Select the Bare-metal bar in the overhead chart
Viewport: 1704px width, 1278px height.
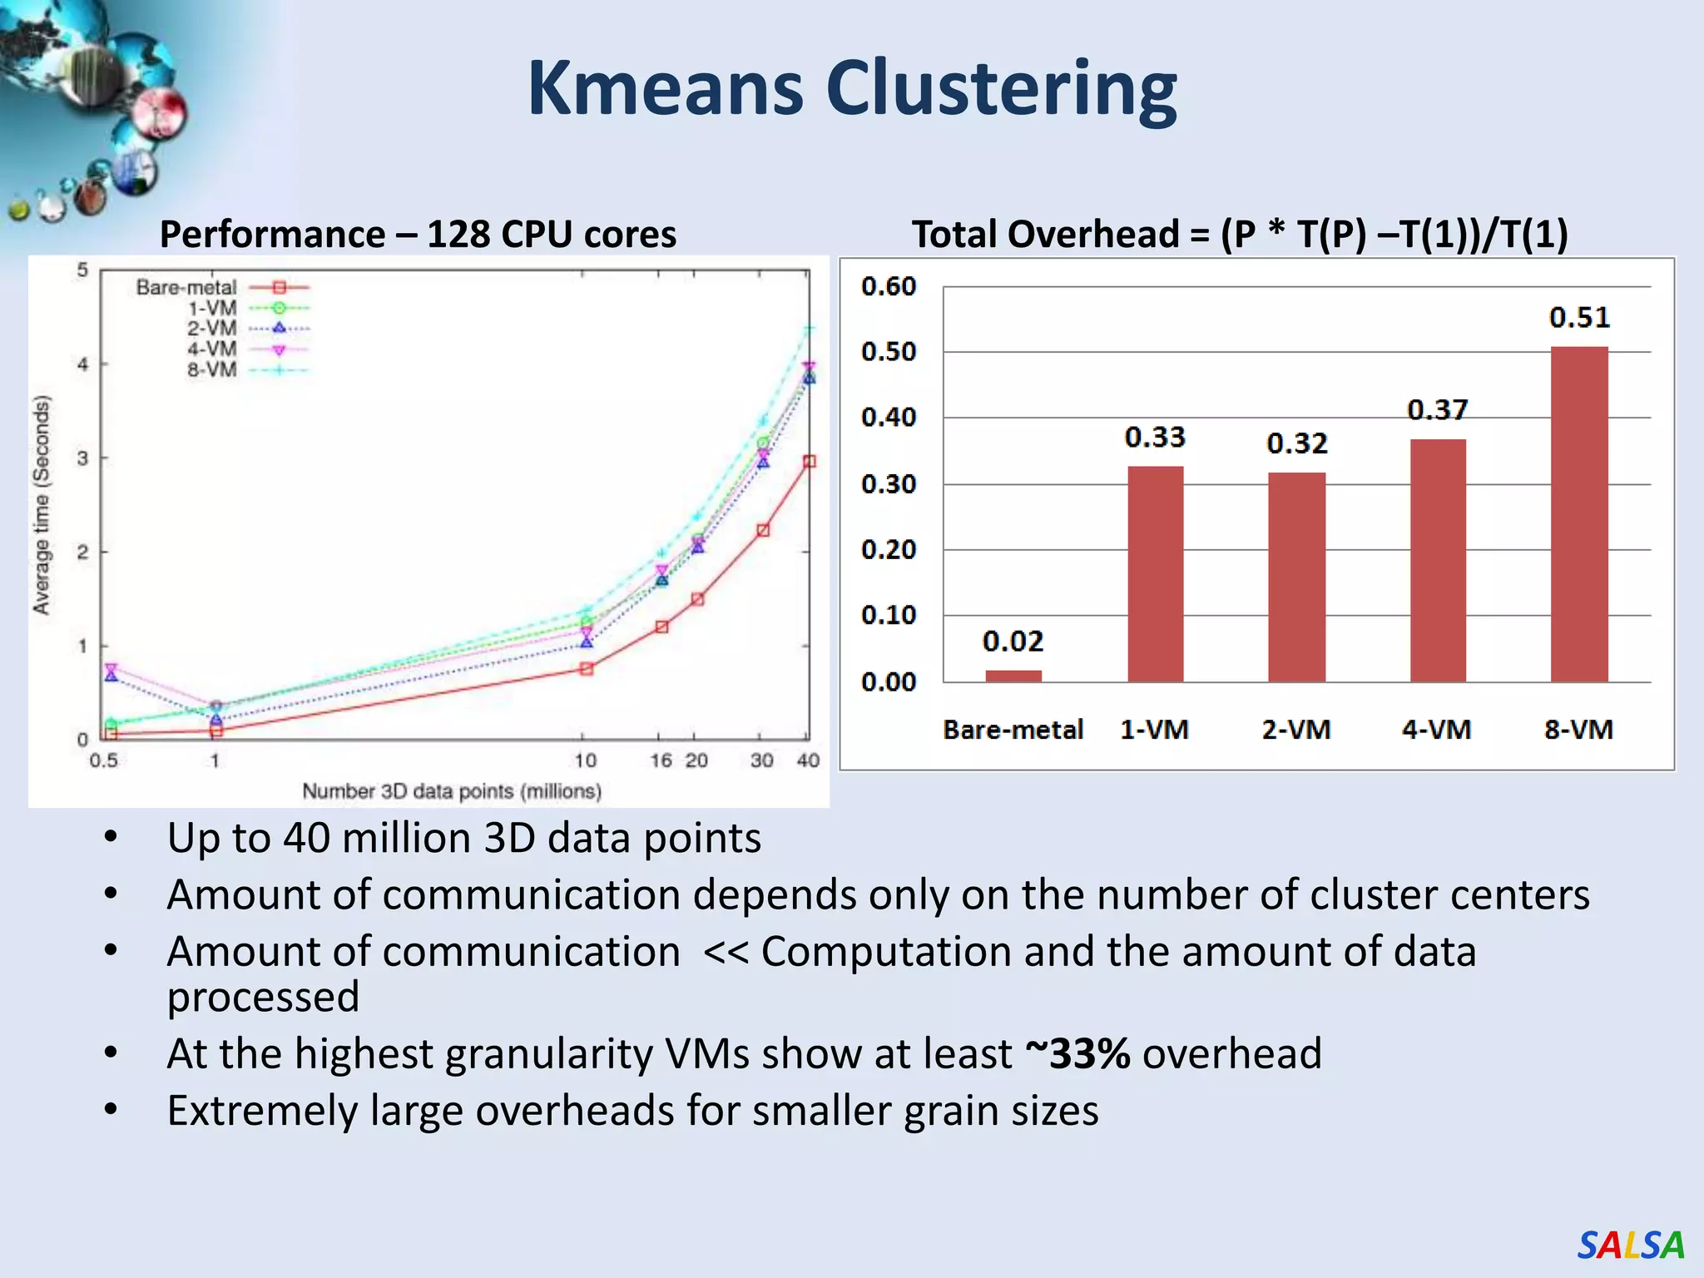pos(1013,676)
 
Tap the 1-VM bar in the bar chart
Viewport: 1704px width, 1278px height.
pos(1155,574)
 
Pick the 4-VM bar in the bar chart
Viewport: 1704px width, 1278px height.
pos(1437,561)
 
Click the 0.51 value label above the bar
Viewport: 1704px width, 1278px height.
pos(1578,317)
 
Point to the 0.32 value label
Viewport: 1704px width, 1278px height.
pos(1296,443)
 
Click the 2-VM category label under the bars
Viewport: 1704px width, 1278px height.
pos(1295,730)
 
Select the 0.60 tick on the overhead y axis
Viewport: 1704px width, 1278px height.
pos(888,286)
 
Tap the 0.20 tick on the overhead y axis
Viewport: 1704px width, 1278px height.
pos(888,549)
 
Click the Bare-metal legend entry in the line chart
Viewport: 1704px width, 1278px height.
pos(221,288)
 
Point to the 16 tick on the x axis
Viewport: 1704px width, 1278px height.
pos(661,760)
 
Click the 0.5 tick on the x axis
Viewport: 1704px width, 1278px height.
pos(103,760)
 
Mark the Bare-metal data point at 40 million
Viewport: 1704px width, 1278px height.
pos(809,462)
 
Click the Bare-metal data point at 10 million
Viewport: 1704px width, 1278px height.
pos(586,669)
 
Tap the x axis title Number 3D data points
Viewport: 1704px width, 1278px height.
pos(451,790)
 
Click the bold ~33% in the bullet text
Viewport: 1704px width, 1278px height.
pos(1077,1053)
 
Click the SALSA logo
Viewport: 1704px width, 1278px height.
pos(1630,1246)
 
